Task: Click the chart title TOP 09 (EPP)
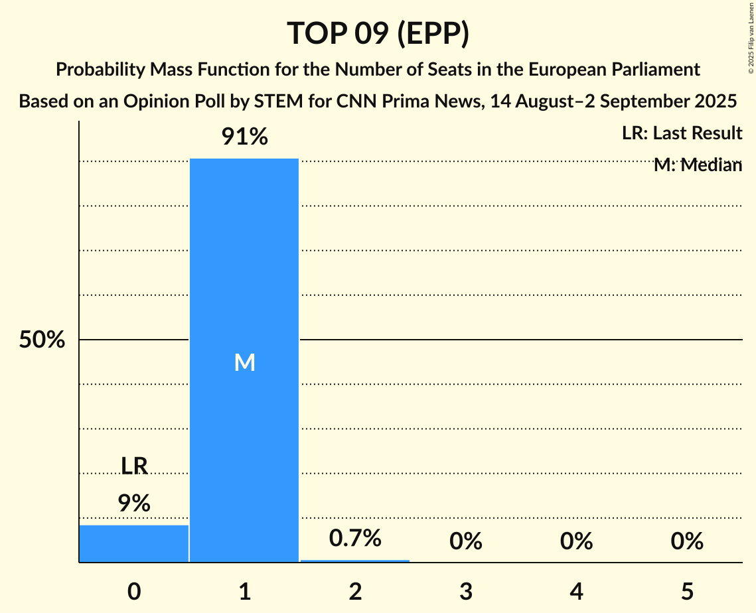point(378,33)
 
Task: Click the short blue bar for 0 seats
point(134,543)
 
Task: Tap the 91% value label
point(244,137)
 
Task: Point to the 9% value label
point(134,504)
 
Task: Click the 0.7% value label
point(355,538)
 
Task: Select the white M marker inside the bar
point(244,362)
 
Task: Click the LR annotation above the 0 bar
point(134,466)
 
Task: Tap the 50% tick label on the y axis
point(42,340)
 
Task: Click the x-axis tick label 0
point(134,591)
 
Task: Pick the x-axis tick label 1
point(245,591)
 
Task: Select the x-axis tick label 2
point(355,591)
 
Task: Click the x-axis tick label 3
point(466,591)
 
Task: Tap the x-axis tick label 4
point(576,591)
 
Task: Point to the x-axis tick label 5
point(687,591)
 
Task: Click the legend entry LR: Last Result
point(682,133)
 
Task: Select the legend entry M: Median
point(698,165)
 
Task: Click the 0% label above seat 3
point(466,542)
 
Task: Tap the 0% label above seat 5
point(687,542)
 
